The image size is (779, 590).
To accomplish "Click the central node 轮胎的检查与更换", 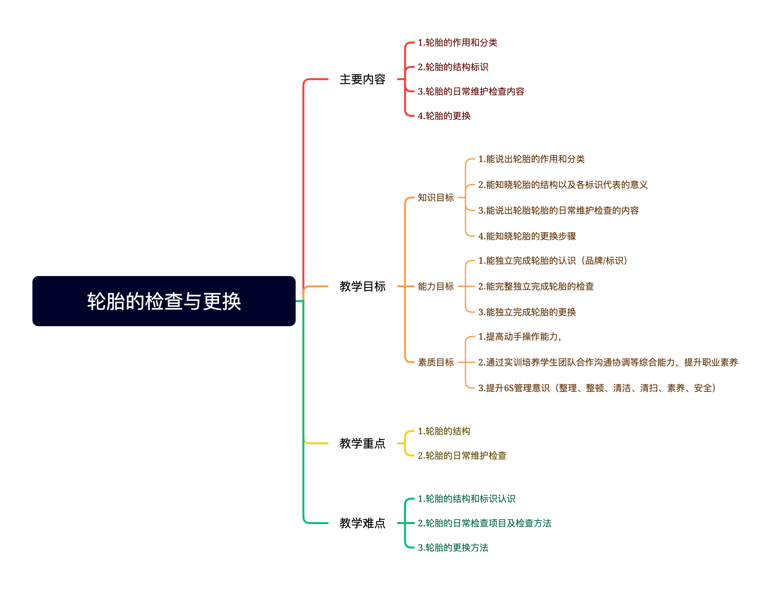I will [164, 301].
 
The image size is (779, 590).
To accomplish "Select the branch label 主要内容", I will [362, 79].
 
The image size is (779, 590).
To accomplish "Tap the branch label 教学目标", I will [362, 286].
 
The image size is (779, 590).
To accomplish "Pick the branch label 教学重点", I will [362, 443].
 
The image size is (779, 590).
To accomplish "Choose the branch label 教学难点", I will [362, 523].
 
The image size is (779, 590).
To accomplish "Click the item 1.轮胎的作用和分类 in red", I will [457, 42].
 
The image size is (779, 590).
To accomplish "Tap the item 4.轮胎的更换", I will [444, 116].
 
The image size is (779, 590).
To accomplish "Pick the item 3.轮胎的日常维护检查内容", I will [471, 92].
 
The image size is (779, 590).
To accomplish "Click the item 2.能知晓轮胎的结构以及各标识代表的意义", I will [563, 185].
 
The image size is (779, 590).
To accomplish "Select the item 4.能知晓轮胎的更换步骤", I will [527, 236].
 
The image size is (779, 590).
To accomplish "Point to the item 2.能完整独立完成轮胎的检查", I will [536, 286].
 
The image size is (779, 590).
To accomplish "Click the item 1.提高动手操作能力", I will [519, 337].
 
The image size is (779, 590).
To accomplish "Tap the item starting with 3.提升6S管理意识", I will [597, 388].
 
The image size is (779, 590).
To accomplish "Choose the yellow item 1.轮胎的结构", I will [444, 431].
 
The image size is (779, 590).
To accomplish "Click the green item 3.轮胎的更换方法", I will [453, 548].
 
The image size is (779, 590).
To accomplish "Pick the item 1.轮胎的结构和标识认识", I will [466, 499].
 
